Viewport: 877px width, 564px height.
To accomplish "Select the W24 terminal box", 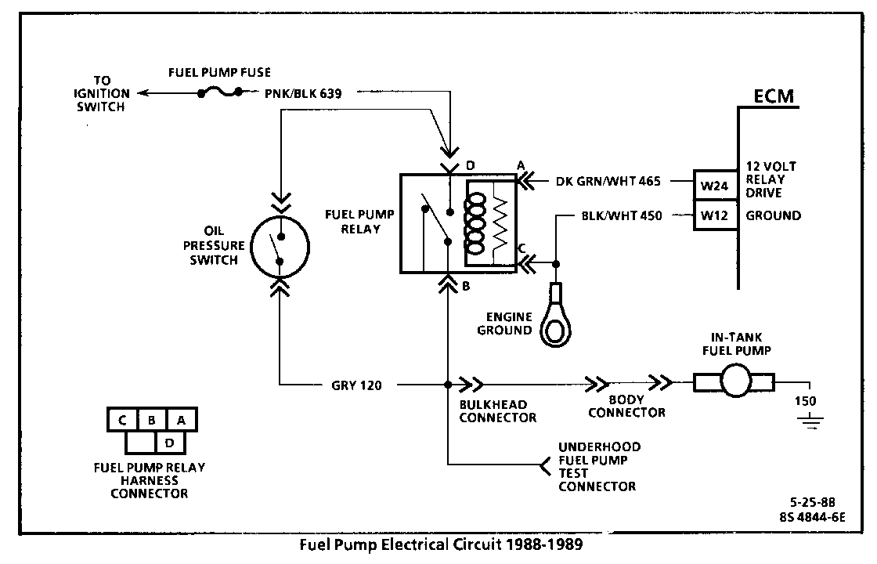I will [x=715, y=186].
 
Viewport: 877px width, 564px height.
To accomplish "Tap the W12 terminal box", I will [x=715, y=215].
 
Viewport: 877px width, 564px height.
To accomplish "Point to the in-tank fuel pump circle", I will [x=734, y=383].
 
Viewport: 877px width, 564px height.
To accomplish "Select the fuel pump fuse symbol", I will [x=226, y=92].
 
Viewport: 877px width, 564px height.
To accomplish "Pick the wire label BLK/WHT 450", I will [x=620, y=215].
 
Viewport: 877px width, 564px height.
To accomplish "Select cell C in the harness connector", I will [x=123, y=420].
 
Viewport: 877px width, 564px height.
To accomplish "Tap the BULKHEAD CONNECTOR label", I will [x=497, y=411].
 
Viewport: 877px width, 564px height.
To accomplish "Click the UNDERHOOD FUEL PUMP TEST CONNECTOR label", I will [x=599, y=466].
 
